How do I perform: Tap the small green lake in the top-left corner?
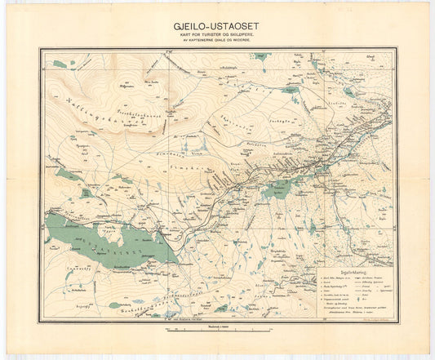(x=58, y=64)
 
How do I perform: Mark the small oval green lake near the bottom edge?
(x=221, y=308)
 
